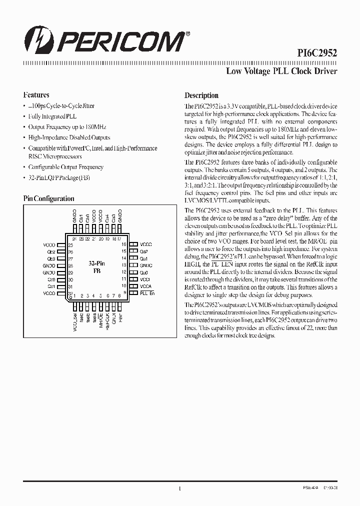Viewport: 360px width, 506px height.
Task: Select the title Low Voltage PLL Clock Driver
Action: click(x=281, y=71)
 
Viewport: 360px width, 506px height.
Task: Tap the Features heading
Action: click(x=36, y=94)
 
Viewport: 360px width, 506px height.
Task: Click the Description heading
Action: click(x=201, y=95)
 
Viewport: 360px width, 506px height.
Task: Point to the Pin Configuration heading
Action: click(x=49, y=198)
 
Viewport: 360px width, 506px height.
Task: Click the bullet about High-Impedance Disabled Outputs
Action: click(x=69, y=137)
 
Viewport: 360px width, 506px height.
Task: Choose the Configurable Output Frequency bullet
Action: click(x=65, y=167)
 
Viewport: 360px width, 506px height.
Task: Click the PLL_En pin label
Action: click(x=147, y=293)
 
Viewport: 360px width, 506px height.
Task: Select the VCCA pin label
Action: click(x=145, y=286)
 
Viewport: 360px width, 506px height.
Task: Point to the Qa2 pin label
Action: click(x=143, y=251)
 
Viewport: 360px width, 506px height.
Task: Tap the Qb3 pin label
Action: click(x=51, y=258)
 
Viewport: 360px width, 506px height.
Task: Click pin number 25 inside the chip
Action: click(x=70, y=245)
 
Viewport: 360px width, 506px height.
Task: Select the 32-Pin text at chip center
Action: click(x=96, y=263)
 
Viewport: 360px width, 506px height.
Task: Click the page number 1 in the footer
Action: click(x=179, y=489)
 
